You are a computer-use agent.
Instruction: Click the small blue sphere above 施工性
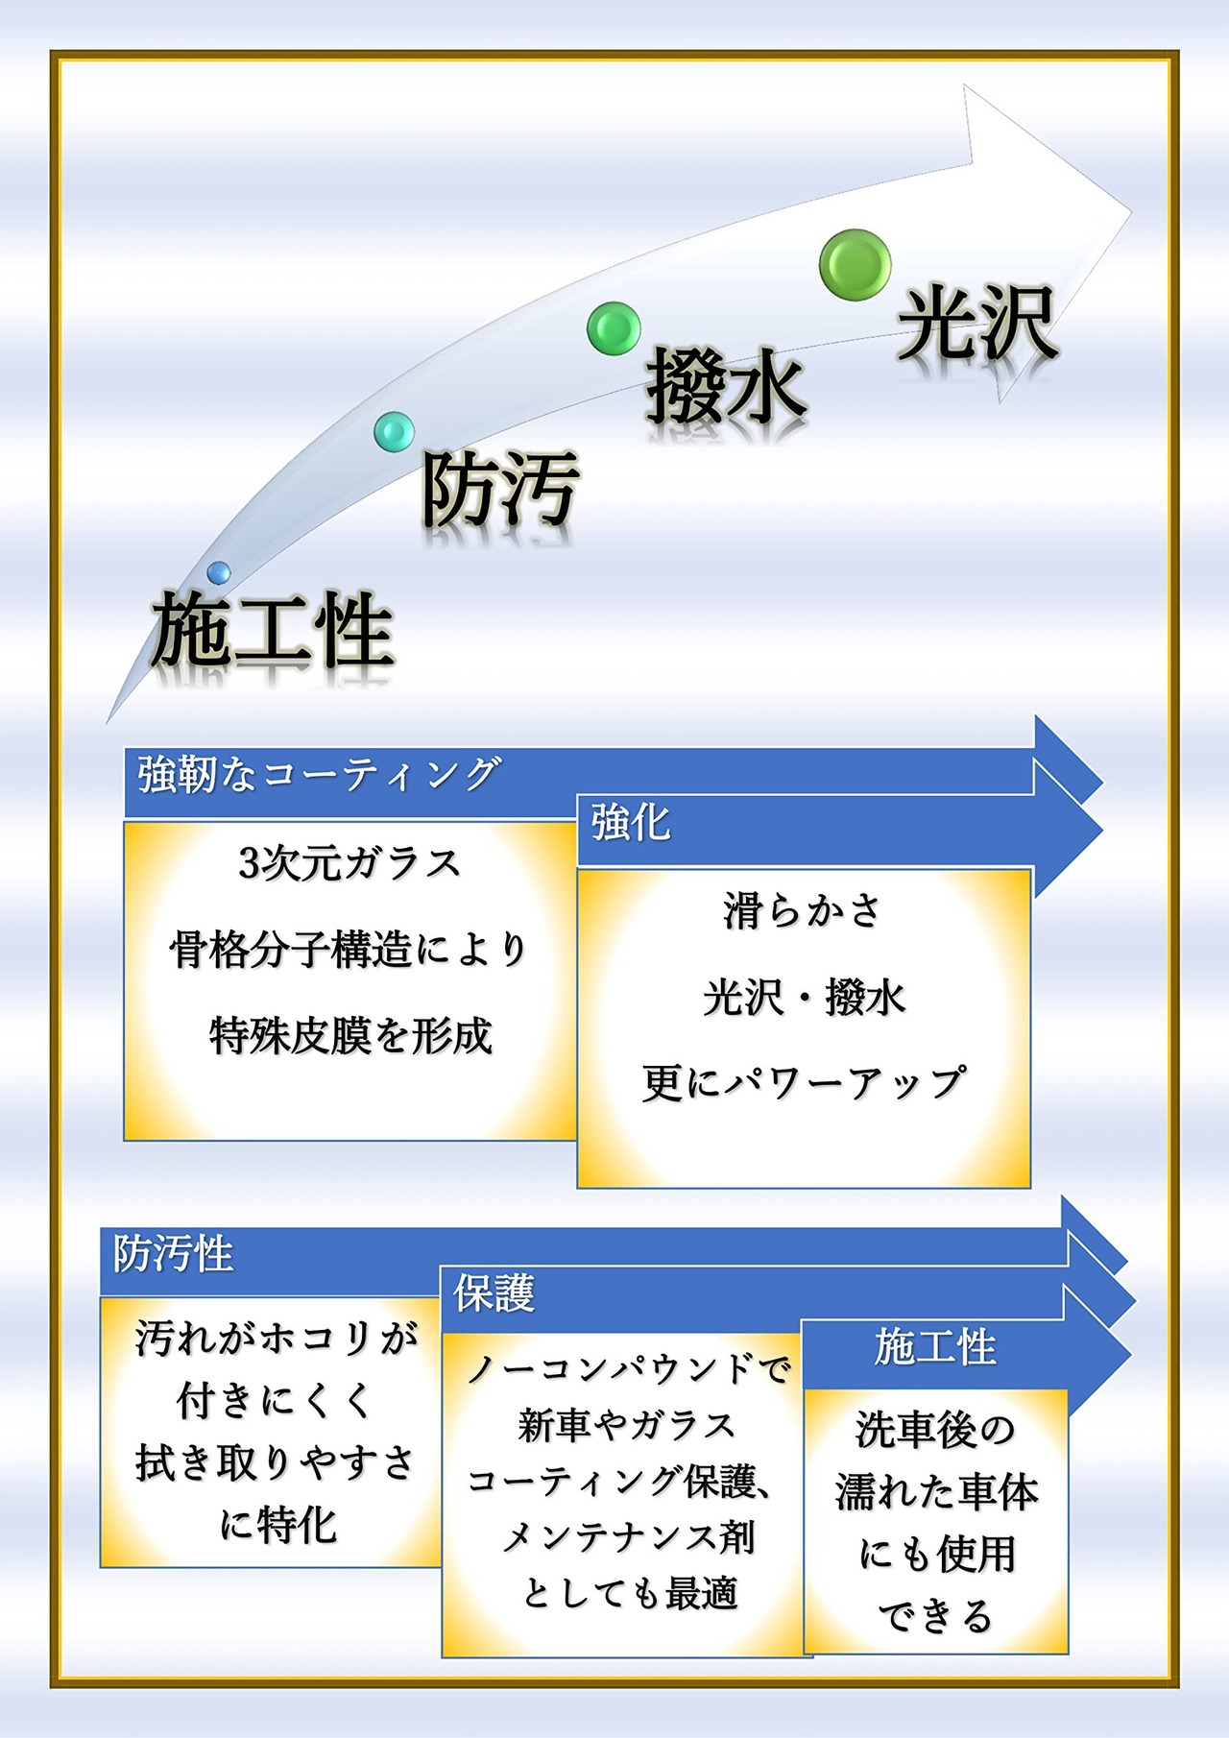219,573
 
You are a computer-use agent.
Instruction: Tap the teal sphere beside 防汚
394,431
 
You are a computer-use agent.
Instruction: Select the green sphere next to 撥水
614,327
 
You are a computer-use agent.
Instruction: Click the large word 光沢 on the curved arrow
976,325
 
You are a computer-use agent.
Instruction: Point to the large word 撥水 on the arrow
726,388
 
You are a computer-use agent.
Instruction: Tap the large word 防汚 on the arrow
500,489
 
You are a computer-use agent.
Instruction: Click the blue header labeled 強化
630,823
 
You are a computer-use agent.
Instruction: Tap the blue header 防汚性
174,1254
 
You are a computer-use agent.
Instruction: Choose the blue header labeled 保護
494,1293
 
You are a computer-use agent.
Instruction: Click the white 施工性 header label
934,1347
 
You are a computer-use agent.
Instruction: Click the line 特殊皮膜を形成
350,1036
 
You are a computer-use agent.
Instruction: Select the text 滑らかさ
803,910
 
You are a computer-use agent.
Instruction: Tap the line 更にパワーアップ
803,1083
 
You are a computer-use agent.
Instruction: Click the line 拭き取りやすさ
275,1462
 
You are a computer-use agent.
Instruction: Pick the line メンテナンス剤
628,1537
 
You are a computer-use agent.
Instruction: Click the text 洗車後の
934,1430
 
